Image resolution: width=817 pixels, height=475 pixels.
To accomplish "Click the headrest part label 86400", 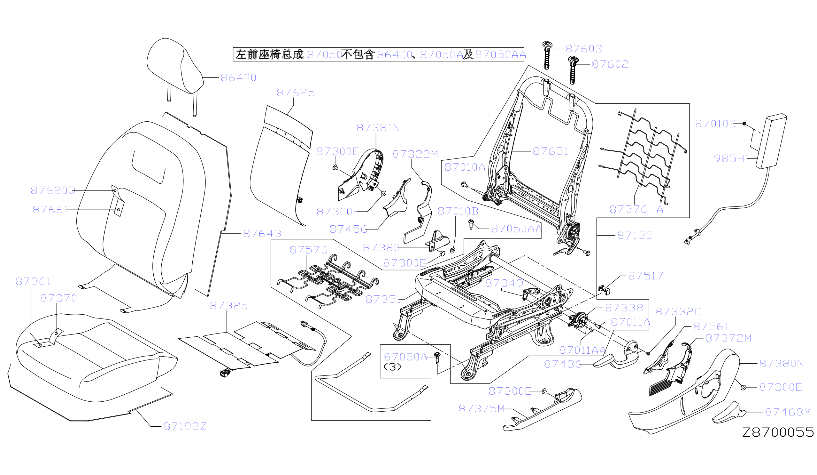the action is pyautogui.click(x=238, y=77).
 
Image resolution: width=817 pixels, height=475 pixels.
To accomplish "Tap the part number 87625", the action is pyautogui.click(x=296, y=93).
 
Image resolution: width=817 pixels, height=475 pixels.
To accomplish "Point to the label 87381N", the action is pyautogui.click(x=378, y=128).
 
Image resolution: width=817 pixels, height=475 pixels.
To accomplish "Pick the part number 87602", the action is pyautogui.click(x=610, y=64).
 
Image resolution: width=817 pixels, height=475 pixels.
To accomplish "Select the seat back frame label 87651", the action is pyautogui.click(x=550, y=151).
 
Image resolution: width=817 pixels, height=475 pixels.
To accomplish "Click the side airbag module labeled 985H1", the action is pyautogui.click(x=771, y=141).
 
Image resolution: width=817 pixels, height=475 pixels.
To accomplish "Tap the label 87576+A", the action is pyautogui.click(x=636, y=209).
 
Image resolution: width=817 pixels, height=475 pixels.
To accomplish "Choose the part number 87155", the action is pyautogui.click(x=635, y=235).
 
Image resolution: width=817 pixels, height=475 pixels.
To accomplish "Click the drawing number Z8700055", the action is pyautogui.click(x=778, y=432).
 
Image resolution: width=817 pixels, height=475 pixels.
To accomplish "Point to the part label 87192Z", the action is pyautogui.click(x=185, y=426).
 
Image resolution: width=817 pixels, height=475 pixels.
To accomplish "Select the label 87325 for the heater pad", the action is pyautogui.click(x=229, y=306).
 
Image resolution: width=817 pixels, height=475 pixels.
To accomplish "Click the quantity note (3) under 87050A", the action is pyautogui.click(x=392, y=367).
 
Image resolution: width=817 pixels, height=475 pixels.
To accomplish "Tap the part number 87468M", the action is pyautogui.click(x=788, y=412).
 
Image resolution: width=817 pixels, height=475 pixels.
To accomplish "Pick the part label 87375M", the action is pyautogui.click(x=482, y=409).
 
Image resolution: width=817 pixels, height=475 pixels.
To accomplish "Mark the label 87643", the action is pyautogui.click(x=262, y=234).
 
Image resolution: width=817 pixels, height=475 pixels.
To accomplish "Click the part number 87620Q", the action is pyautogui.click(x=53, y=190).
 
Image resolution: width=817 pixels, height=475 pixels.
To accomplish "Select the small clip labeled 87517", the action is pyautogui.click(x=604, y=290).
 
